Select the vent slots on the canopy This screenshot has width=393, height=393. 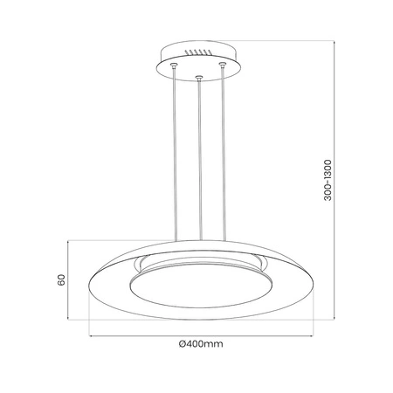point(200,52)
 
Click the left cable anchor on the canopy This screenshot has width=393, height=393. point(172,66)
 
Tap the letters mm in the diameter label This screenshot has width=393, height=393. point(216,343)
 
